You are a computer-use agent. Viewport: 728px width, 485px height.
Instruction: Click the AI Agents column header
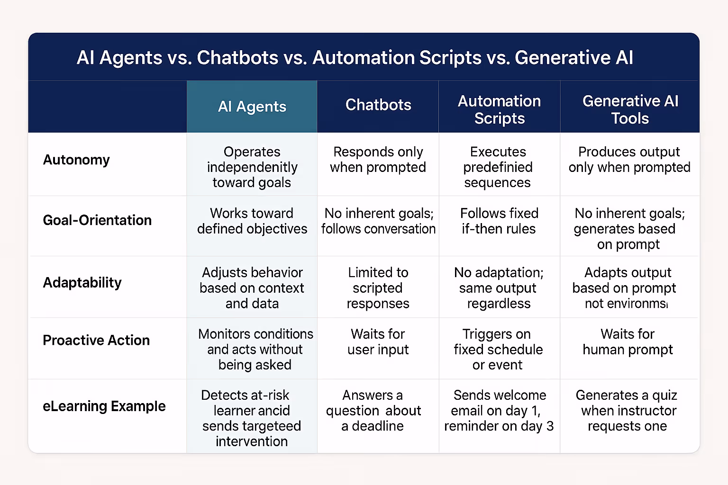pos(252,107)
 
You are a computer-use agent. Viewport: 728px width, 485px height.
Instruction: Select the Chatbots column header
pos(378,105)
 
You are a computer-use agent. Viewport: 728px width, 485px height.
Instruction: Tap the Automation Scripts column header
pos(499,109)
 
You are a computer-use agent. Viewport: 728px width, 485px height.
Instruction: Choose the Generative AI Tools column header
pos(630,109)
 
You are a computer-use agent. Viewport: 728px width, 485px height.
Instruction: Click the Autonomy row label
pos(76,160)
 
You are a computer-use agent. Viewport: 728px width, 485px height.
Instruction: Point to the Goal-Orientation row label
pos(97,220)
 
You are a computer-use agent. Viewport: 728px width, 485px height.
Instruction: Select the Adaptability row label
pos(82,282)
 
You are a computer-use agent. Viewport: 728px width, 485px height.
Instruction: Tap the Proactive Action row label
pos(96,340)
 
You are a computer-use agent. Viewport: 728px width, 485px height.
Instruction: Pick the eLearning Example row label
pos(104,406)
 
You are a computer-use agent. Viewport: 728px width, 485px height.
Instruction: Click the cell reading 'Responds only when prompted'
pos(378,160)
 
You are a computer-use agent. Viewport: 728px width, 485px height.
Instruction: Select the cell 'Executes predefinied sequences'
pos(498,167)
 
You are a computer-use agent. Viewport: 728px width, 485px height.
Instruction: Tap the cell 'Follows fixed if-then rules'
pos(499,221)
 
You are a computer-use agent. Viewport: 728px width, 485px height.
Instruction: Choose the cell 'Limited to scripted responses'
pos(378,288)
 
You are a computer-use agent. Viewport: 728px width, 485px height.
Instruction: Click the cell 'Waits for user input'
pos(378,341)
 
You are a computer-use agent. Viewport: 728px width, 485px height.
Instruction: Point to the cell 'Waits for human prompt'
pos(628,341)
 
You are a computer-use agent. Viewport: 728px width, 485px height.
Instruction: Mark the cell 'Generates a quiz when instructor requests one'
pos(627,410)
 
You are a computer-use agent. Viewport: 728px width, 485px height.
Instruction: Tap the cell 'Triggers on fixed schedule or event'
pos(498,349)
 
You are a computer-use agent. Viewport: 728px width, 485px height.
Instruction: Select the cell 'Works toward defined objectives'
pos(252,221)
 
